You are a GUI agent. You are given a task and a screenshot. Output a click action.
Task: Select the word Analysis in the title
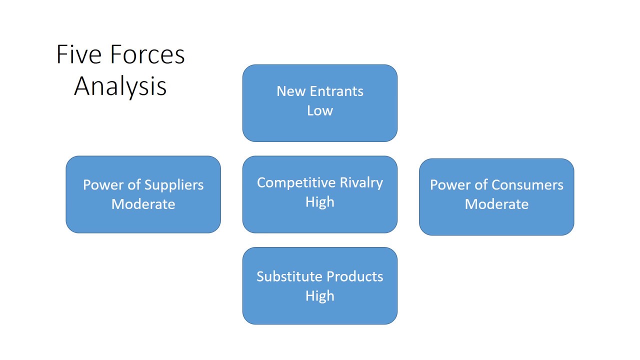click(x=120, y=86)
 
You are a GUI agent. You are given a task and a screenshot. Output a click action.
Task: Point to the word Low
click(x=320, y=110)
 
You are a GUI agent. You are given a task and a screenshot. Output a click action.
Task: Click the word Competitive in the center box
click(x=295, y=183)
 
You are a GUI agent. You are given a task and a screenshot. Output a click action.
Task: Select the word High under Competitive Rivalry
click(x=320, y=202)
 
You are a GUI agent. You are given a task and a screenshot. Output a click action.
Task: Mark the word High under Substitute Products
click(x=320, y=296)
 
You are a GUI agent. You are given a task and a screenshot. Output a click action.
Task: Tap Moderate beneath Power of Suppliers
click(x=143, y=204)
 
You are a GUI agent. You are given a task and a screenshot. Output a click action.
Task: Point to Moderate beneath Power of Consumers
click(x=496, y=204)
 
